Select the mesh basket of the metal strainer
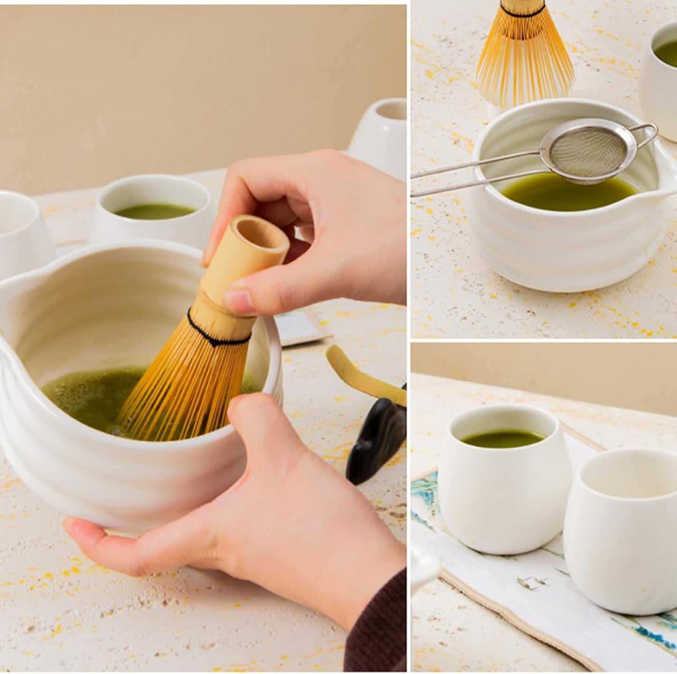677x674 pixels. coord(588,150)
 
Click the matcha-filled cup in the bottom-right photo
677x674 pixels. coord(499,483)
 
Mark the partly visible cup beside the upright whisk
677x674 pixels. coord(661,75)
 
